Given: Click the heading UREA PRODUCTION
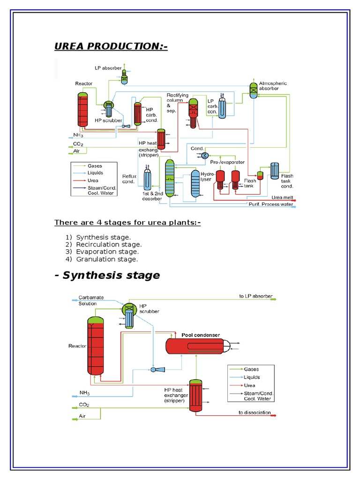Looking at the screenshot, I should pos(111,46).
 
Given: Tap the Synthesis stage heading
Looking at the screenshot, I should pos(107,275).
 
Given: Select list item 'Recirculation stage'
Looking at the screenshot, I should pos(109,244).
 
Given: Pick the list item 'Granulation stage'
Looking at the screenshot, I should pos(107,259).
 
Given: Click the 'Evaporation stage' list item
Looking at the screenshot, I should pos(107,252).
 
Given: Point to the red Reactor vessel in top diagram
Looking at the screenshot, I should pos(83,109).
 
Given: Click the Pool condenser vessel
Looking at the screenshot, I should pos(196,346).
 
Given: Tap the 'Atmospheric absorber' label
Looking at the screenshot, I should pos(273,86).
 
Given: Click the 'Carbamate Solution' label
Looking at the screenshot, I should pos(88,300).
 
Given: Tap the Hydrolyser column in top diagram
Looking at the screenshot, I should pos(195,184).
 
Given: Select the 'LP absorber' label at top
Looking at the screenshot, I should pos(109,68).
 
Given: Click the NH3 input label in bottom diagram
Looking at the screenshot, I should pos(85,392).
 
